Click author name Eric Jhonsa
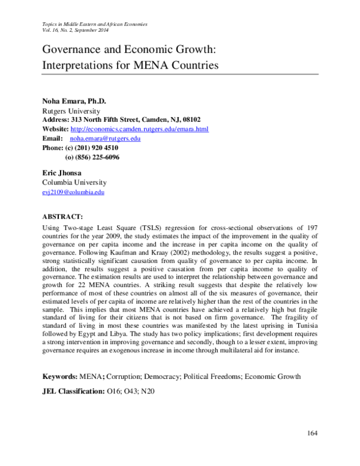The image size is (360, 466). tap(64, 172)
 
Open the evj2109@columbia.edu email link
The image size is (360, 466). tap(73, 192)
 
